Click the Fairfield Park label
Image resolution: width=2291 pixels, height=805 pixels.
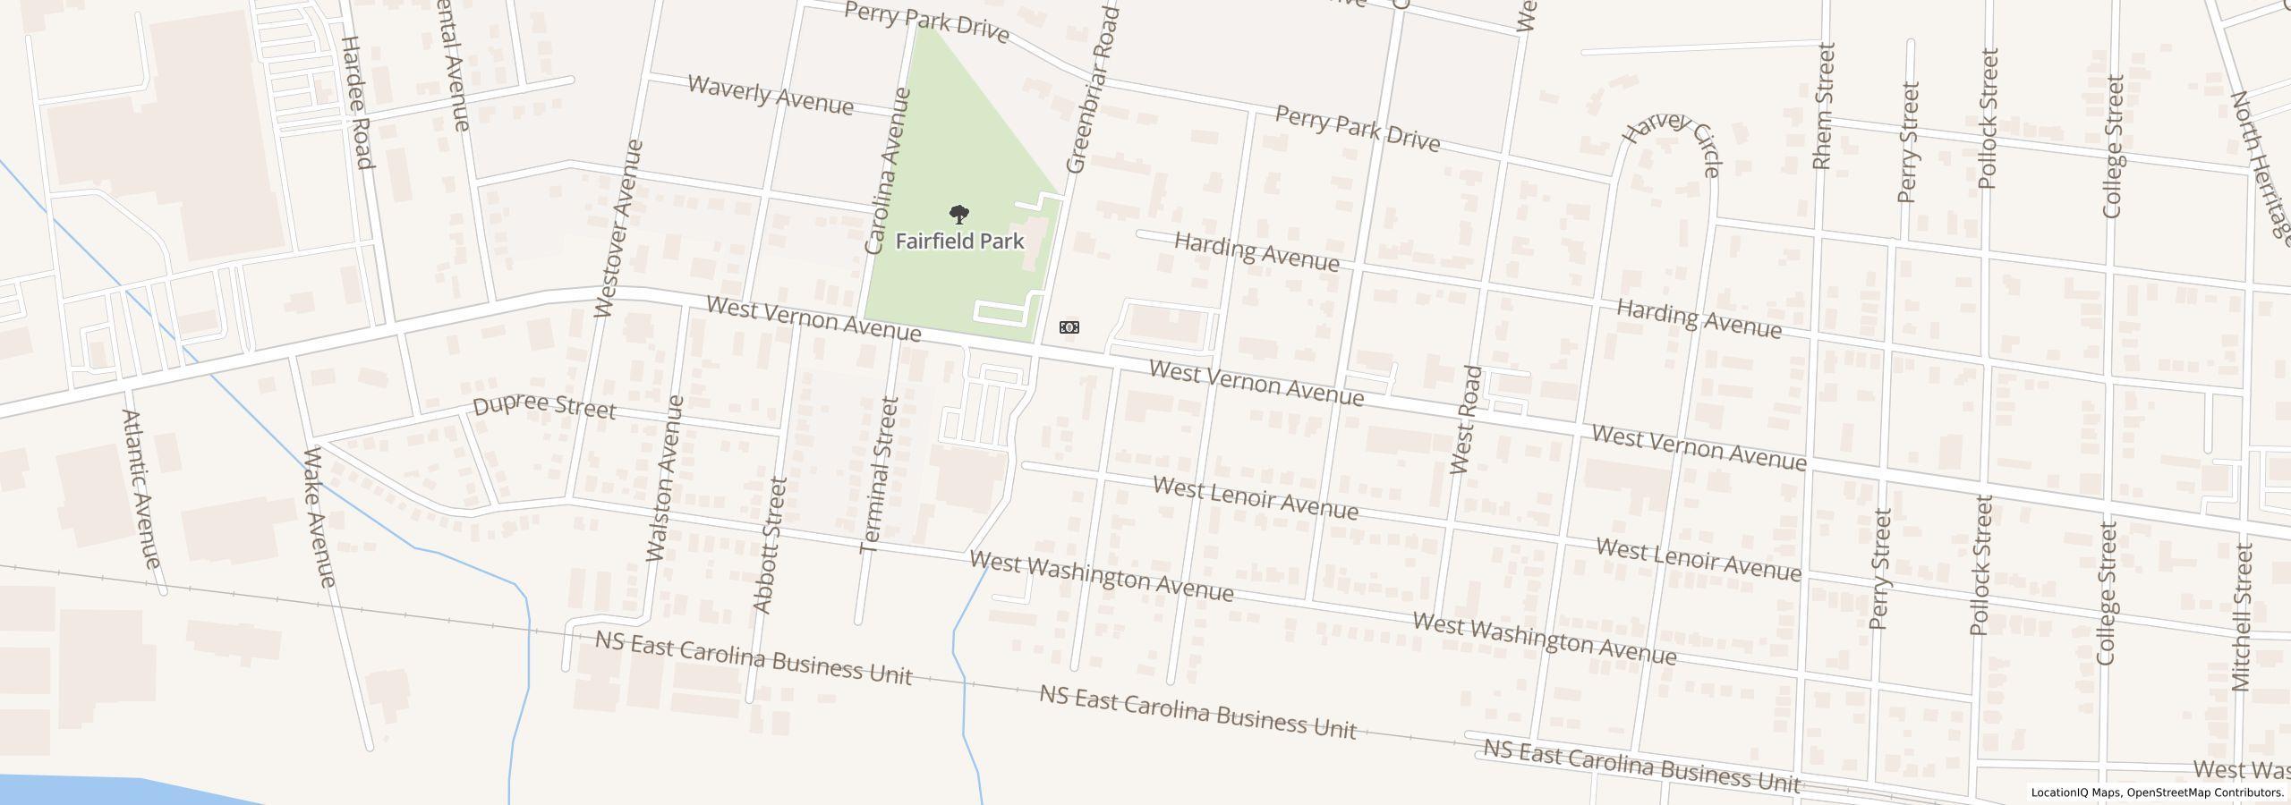959,241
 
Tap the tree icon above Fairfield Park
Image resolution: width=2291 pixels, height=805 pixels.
958,215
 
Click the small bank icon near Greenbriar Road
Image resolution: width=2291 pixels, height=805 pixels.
1069,327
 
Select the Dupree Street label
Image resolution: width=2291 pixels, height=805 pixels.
544,407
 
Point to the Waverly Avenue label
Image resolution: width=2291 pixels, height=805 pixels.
771,95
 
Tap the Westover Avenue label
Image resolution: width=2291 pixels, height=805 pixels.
618,228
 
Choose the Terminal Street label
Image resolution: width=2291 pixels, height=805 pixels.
878,476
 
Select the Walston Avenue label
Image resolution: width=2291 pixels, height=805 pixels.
665,479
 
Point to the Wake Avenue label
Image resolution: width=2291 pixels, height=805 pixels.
319,517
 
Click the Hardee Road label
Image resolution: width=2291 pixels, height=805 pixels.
356,102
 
